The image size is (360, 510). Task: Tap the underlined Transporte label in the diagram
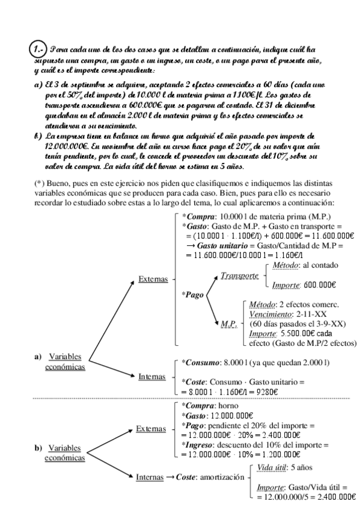pyautogui.click(x=239, y=275)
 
